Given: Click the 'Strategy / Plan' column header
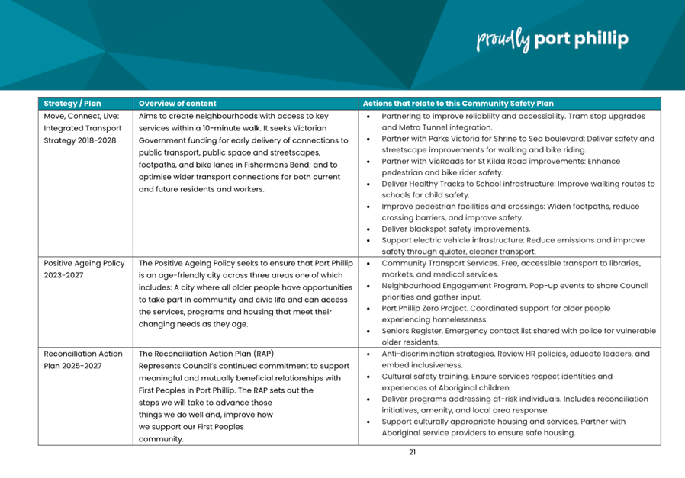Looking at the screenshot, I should coord(72,104).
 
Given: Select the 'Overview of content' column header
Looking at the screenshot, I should coord(178,104).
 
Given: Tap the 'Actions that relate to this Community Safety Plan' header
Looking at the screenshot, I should coord(458,104).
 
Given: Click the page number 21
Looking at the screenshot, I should coord(412,451).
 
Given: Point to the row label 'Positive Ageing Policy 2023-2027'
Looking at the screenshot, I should coord(84,269).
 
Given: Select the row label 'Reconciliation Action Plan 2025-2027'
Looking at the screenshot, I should coord(83,360).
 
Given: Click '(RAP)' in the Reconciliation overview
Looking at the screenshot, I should coord(259,354).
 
